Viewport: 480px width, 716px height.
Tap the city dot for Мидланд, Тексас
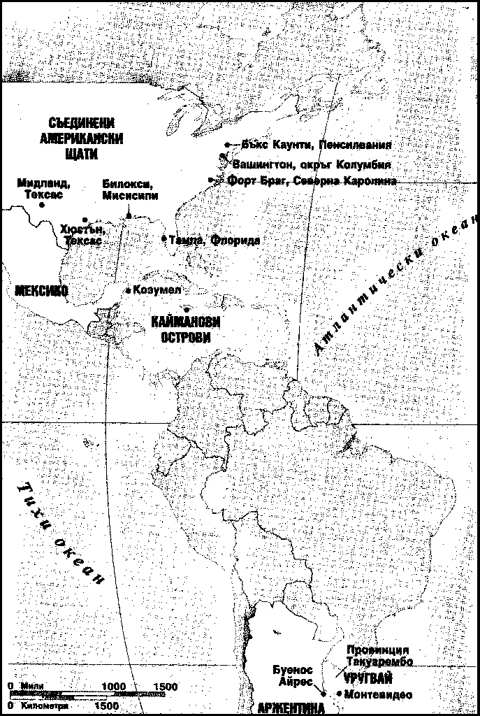42,205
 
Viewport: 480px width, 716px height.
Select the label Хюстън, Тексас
82,234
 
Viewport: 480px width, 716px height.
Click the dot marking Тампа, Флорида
164,239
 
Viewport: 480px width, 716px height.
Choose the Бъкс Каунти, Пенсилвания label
316,145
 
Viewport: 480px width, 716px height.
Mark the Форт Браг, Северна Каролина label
308,180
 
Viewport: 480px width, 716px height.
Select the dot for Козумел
128,289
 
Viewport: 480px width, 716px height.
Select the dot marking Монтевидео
339,694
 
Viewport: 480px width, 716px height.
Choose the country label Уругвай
368,678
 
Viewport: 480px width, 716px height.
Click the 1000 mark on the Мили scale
114,687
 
